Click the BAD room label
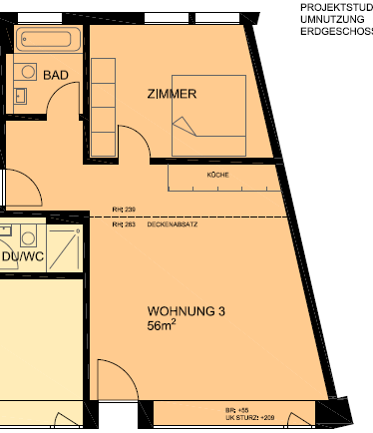pos(55,75)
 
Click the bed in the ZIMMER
pos(209,114)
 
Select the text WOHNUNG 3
pos(186,311)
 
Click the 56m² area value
pos(162,326)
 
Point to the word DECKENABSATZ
pos(172,225)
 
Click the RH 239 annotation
pos(123,210)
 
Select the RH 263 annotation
pos(123,225)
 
